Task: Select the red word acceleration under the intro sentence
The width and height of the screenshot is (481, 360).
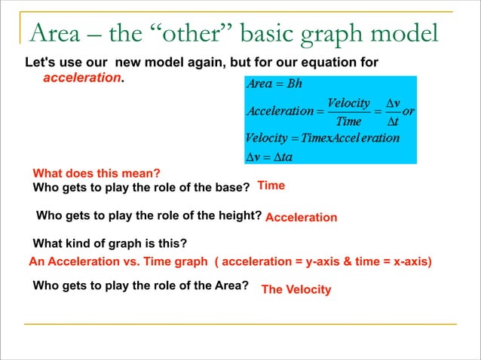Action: point(83,78)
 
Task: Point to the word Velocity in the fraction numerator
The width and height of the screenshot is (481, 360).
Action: point(348,102)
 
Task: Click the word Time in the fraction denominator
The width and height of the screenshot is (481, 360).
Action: point(348,121)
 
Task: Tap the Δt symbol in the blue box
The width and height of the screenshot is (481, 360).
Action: point(392,121)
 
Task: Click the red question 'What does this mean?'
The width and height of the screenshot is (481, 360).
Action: point(97,172)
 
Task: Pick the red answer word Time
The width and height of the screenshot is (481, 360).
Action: point(271,185)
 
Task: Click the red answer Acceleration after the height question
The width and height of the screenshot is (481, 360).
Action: point(301,218)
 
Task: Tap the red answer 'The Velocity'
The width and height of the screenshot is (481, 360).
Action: point(296,289)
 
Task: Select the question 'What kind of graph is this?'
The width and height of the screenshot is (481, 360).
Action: point(110,243)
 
